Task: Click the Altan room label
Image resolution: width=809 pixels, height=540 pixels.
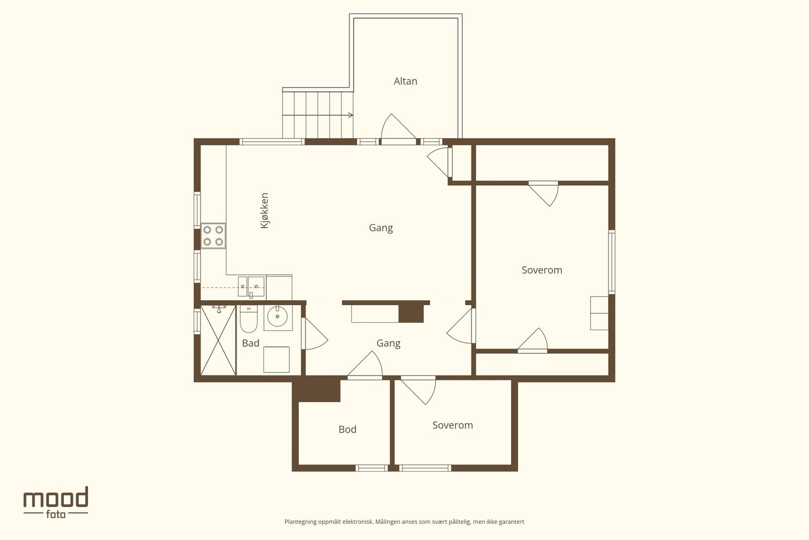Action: (x=405, y=81)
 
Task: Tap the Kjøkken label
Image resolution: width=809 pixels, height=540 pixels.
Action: (x=264, y=211)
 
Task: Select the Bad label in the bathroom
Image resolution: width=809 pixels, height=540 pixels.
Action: (x=251, y=343)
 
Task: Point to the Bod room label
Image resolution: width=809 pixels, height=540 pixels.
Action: (x=347, y=429)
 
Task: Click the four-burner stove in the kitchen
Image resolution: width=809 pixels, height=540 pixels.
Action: (x=213, y=236)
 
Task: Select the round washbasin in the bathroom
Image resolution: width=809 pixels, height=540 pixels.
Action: (x=278, y=317)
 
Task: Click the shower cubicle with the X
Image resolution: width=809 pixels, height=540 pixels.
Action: (x=218, y=340)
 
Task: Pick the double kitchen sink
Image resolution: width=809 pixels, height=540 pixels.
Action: (x=251, y=286)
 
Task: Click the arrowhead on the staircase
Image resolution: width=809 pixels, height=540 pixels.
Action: (x=351, y=115)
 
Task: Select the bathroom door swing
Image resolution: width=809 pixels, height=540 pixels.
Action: (x=315, y=334)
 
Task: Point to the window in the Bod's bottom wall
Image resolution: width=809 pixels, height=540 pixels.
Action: (x=372, y=468)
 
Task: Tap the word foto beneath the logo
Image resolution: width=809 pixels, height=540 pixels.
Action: (x=56, y=514)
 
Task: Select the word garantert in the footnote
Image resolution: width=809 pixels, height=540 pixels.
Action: (x=511, y=522)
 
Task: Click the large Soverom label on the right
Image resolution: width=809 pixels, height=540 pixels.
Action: (x=542, y=270)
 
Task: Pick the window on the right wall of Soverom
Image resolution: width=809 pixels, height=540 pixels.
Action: (x=612, y=262)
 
